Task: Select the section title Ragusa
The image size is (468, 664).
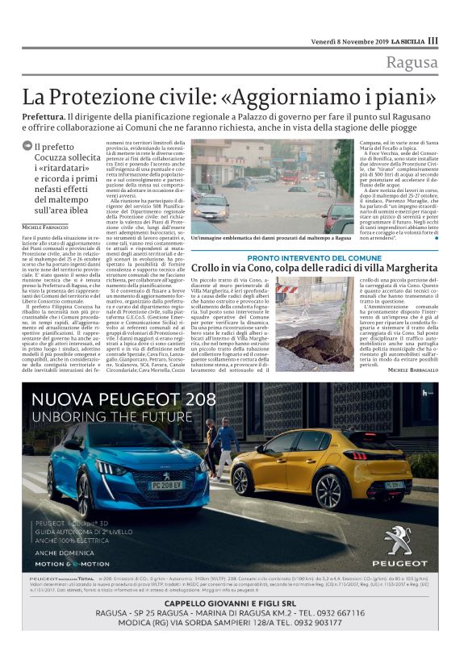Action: (412, 64)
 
